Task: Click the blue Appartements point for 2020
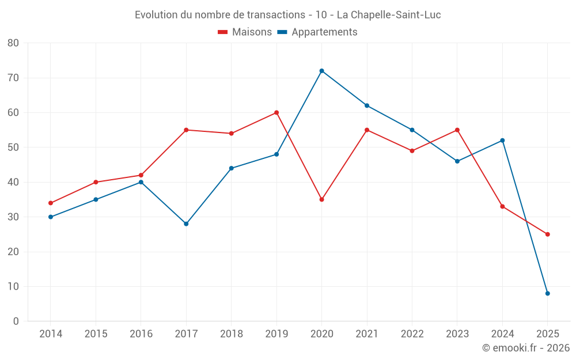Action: pos(322,71)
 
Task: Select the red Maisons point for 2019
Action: pos(276,113)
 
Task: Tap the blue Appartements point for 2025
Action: pos(548,294)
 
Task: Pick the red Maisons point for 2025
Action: pos(548,234)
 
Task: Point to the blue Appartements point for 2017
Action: pos(186,224)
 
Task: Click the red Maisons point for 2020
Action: pos(322,199)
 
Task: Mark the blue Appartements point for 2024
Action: pos(502,141)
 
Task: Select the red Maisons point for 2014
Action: pos(51,203)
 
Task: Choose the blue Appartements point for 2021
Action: pos(367,105)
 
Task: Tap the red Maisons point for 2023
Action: pos(457,130)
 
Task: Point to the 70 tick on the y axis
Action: pos(13,78)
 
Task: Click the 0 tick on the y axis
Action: pos(16,321)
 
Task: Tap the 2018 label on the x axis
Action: pos(232,334)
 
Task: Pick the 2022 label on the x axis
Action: pos(412,334)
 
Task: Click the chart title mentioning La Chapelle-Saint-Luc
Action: pos(288,15)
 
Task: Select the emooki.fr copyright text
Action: pos(525,348)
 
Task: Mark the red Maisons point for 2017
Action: pos(186,130)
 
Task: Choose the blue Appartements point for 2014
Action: pos(51,217)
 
